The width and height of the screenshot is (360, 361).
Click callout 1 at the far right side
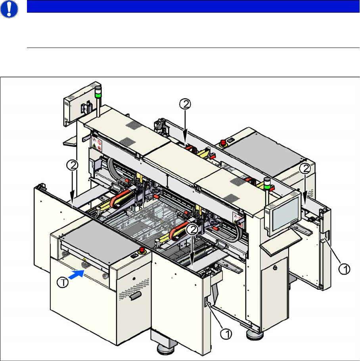[x=345, y=270]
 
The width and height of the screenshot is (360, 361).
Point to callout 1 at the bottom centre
[x=226, y=335]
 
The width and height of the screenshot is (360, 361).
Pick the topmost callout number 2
[x=186, y=104]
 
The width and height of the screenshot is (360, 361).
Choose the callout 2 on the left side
[x=71, y=165]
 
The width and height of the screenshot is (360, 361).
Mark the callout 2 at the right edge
[x=304, y=169]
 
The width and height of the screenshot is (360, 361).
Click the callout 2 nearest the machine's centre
[x=192, y=229]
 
